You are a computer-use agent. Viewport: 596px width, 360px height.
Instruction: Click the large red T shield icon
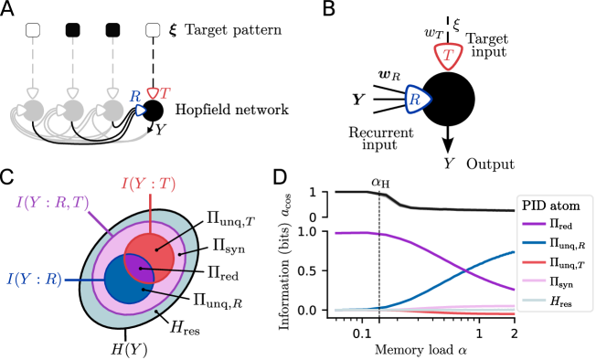448,56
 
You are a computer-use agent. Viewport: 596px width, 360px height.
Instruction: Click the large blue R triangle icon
417,100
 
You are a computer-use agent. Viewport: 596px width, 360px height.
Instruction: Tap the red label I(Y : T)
149,184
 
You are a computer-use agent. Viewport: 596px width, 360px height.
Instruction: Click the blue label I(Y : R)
35,279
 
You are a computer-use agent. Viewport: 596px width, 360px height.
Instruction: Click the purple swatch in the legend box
534,224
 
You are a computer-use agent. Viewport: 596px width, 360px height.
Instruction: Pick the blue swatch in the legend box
534,243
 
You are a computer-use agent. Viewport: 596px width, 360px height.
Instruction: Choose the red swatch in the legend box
534,262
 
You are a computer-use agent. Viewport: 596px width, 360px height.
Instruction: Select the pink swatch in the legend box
534,281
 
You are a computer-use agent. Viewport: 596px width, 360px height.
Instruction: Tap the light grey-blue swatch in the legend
534,300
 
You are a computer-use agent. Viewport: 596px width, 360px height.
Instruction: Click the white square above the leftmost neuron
33,30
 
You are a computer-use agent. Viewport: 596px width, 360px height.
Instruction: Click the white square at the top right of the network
153,30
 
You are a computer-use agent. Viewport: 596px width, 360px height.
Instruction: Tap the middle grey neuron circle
73,111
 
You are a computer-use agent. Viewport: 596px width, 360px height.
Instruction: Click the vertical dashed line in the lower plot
379,274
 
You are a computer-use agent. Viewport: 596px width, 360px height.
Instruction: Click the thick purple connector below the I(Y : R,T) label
98,222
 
